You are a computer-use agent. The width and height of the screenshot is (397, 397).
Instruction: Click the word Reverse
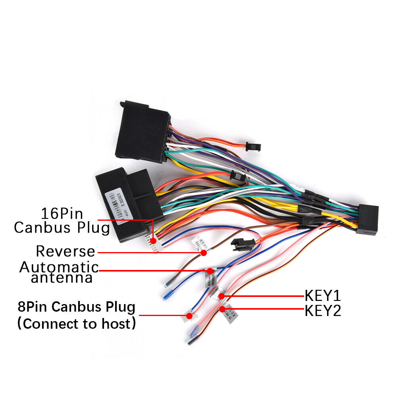(x=66, y=251)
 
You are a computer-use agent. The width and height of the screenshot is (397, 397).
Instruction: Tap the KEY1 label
(x=322, y=296)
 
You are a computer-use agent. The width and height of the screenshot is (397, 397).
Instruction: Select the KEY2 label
(x=322, y=310)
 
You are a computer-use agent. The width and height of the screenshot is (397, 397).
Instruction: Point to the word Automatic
(x=59, y=267)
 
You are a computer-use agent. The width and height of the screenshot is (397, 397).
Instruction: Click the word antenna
(x=62, y=278)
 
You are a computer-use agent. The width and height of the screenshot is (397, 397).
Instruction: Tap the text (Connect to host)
(x=77, y=324)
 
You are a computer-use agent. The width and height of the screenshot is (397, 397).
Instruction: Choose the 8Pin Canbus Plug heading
(x=77, y=307)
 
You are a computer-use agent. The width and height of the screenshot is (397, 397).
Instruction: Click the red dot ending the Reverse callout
(x=204, y=252)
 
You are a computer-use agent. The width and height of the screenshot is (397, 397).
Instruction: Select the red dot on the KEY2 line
(x=222, y=309)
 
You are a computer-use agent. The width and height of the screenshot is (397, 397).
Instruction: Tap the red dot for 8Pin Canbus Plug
(x=189, y=316)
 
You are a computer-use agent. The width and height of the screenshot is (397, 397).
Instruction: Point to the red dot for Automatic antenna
(x=209, y=271)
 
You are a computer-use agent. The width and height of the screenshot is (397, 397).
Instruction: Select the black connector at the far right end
(x=367, y=220)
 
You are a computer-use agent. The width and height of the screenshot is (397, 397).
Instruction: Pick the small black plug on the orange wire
(x=252, y=146)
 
